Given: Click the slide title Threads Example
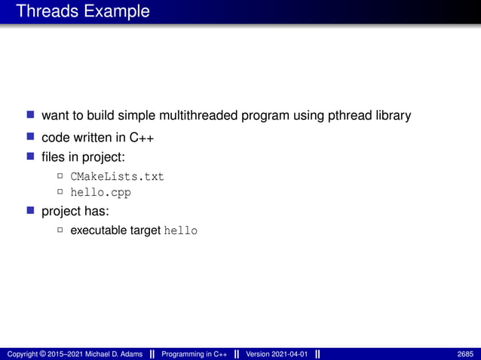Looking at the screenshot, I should click(82, 12).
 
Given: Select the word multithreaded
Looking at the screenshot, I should click(198, 116).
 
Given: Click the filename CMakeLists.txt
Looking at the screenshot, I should click(117, 176).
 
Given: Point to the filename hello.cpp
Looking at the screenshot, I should click(100, 192).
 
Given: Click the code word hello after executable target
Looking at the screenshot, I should click(181, 230).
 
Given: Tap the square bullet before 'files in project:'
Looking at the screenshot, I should click(31, 157).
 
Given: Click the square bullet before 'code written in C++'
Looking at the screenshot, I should click(31, 136).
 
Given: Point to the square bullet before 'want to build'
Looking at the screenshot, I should click(31, 115).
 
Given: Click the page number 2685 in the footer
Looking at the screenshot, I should click(466, 354).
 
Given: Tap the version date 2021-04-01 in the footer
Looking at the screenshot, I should click(287, 354).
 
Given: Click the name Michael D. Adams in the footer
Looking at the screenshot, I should click(115, 354).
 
